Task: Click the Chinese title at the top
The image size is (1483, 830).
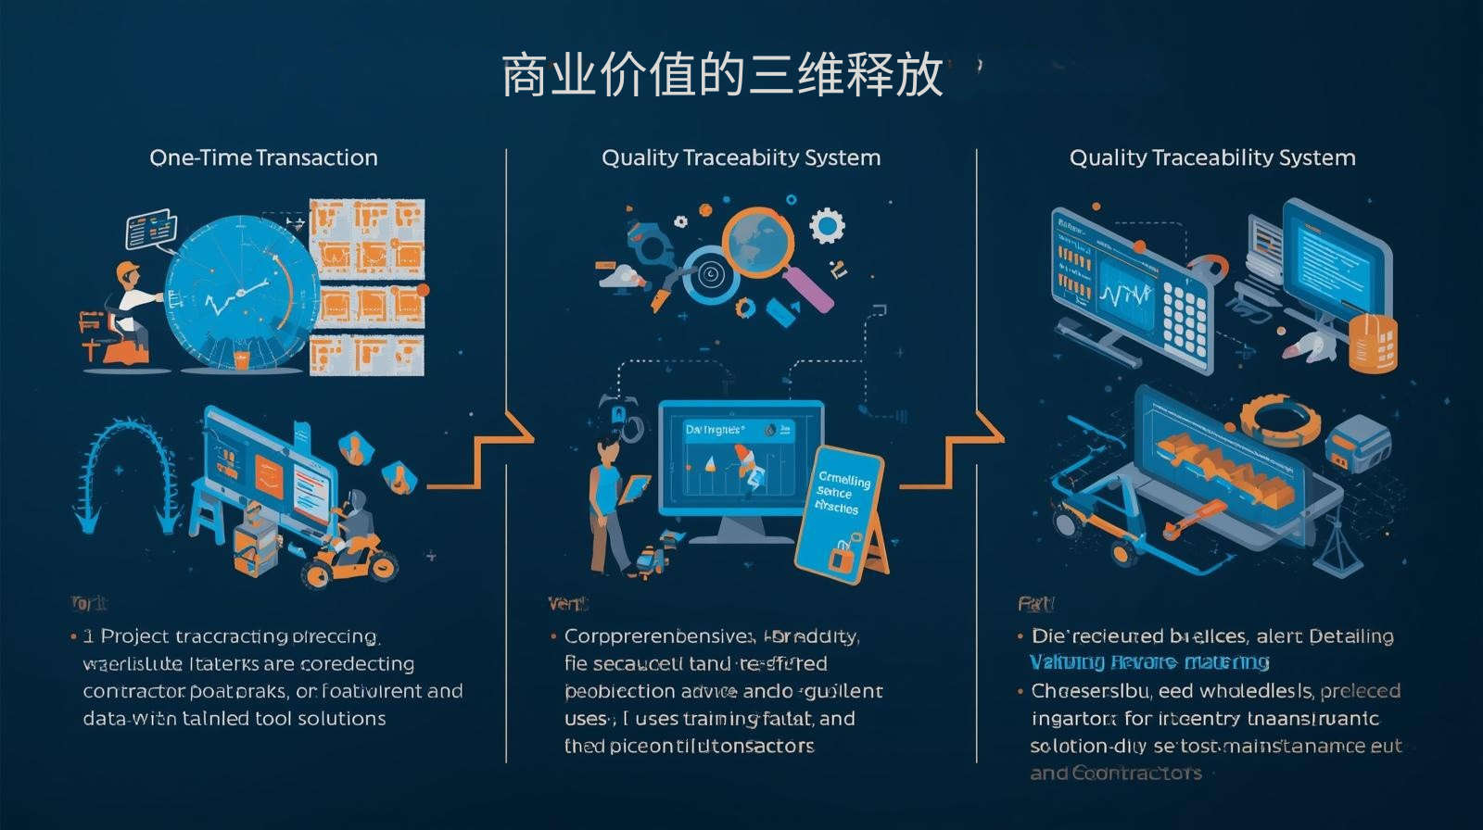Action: pyautogui.click(x=722, y=76)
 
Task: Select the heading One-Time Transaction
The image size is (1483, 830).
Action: pyautogui.click(x=263, y=157)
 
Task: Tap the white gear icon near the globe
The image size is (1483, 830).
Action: pyautogui.click(x=827, y=225)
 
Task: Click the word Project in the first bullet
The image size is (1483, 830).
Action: pyautogui.click(x=135, y=636)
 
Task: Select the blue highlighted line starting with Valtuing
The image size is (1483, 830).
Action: pyautogui.click(x=1149, y=662)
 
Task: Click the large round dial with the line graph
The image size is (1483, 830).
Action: pyautogui.click(x=236, y=292)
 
